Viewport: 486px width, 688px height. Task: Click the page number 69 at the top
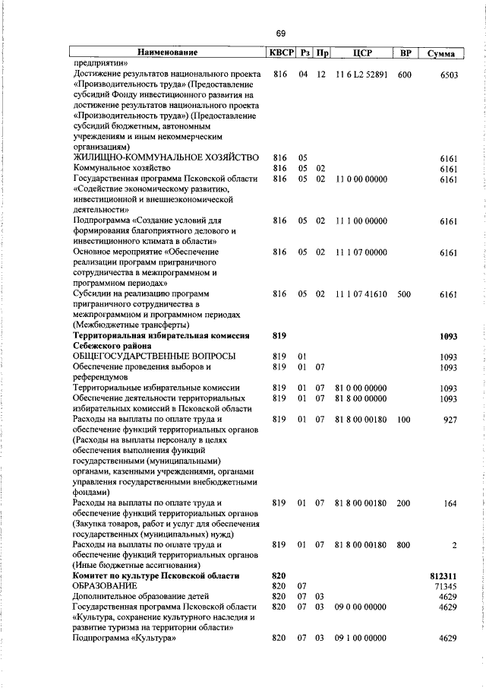pos(280,33)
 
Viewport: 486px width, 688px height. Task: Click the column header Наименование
pos(167,53)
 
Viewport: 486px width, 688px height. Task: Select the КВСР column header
pos(279,53)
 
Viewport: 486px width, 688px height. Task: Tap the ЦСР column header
pos(361,53)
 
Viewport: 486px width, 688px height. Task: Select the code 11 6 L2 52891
pos(361,75)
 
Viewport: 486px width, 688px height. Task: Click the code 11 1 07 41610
pos(361,293)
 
